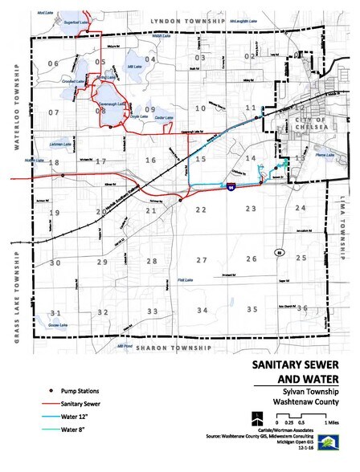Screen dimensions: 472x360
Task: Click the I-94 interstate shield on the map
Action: tap(231, 188)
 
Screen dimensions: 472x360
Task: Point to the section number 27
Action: tap(203, 260)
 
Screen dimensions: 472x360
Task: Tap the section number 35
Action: tap(252, 309)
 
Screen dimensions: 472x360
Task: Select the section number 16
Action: tap(150, 161)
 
